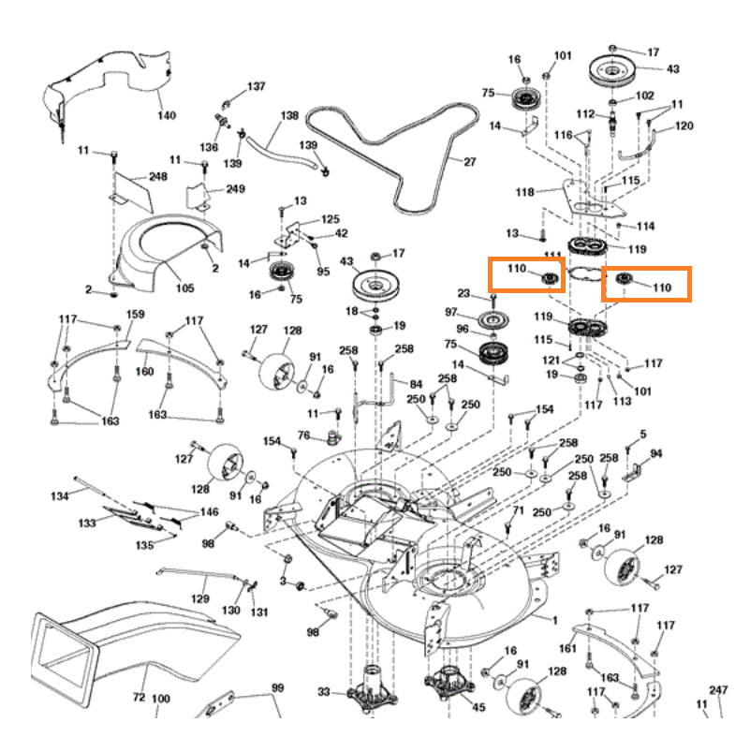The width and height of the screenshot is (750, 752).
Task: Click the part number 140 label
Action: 166,116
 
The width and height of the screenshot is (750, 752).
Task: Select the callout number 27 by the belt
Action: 469,161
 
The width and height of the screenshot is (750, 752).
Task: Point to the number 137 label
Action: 256,86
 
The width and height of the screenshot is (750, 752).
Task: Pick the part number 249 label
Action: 235,189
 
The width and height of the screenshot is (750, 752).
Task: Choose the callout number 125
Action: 331,219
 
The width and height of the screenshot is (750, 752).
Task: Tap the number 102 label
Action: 645,96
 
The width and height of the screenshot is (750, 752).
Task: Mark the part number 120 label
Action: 684,125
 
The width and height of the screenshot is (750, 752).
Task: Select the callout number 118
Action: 524,193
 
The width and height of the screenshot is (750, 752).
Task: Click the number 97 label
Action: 451,312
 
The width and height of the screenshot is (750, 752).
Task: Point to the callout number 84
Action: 416,384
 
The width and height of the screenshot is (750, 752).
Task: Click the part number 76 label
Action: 303,435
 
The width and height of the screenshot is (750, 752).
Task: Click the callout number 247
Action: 718,690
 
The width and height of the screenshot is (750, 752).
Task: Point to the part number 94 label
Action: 656,454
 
